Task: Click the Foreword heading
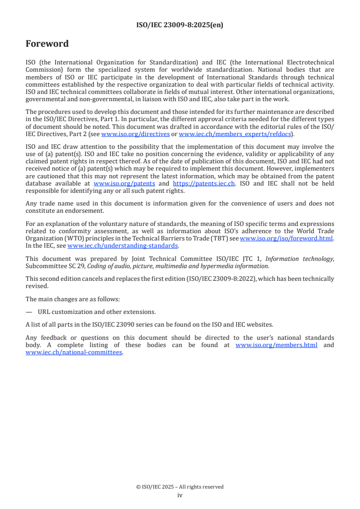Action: click(x=47, y=44)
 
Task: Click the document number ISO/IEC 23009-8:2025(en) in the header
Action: click(x=180, y=25)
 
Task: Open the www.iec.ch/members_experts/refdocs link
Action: click(x=235, y=134)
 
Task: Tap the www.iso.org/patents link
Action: click(x=124, y=184)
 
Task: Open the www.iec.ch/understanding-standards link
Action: click(x=123, y=246)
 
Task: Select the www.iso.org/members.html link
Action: click(x=276, y=345)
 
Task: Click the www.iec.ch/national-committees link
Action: click(x=74, y=352)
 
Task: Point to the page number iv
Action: click(x=180, y=495)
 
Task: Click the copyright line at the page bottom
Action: click(x=180, y=487)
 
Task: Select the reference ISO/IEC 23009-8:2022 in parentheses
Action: click(x=223, y=279)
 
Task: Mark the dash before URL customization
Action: click(x=29, y=312)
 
